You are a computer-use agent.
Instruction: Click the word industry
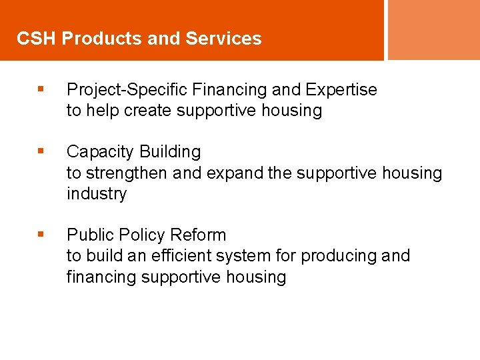[x=96, y=194]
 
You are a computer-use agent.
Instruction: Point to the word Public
[x=89, y=235]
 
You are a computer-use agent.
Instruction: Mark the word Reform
[x=198, y=235]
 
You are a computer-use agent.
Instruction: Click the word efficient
[x=179, y=256]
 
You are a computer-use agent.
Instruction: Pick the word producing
[x=338, y=256]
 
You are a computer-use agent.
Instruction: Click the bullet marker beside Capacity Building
[x=41, y=152]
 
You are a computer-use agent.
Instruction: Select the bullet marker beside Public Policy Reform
[x=41, y=235]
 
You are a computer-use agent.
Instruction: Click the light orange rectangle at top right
[x=433, y=29]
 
